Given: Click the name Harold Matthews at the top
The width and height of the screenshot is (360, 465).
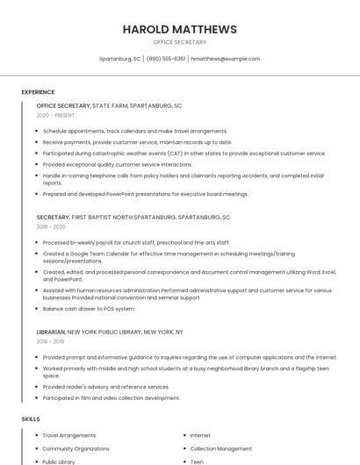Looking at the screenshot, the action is point(179,29).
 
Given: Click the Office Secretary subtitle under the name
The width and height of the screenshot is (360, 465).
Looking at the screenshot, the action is point(179,42).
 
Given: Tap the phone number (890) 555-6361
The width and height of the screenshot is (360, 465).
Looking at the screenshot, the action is point(166,59).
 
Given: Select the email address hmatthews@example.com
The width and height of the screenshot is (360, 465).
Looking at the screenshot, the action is point(226,59).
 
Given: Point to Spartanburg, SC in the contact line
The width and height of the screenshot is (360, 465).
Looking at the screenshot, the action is point(119,59).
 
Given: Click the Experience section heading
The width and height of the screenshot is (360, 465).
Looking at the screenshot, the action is point(38,92).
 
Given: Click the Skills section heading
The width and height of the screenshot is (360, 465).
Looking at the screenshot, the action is point(31,419).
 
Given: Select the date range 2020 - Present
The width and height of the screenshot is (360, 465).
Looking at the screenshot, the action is point(55,115).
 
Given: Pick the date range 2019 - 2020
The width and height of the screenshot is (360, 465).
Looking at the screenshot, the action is point(51,226).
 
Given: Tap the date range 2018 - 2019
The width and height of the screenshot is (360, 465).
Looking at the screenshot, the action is point(50,341).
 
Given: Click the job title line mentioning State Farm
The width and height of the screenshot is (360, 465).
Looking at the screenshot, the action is point(109,105).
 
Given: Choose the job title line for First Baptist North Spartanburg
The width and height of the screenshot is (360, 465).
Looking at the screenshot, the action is point(133,217).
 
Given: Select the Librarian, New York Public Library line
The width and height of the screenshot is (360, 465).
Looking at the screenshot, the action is point(110,332).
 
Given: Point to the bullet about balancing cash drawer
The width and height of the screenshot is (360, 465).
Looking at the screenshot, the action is point(89,309).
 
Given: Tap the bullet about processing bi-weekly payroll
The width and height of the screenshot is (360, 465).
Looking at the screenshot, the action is point(136,242).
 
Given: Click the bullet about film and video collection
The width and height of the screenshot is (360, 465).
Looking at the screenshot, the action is point(111,397).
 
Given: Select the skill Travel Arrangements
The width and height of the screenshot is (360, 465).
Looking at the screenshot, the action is point(69,435).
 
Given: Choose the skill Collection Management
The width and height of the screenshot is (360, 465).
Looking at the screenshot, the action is point(221,448).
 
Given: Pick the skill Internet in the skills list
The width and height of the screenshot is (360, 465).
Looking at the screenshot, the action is point(200,435).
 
